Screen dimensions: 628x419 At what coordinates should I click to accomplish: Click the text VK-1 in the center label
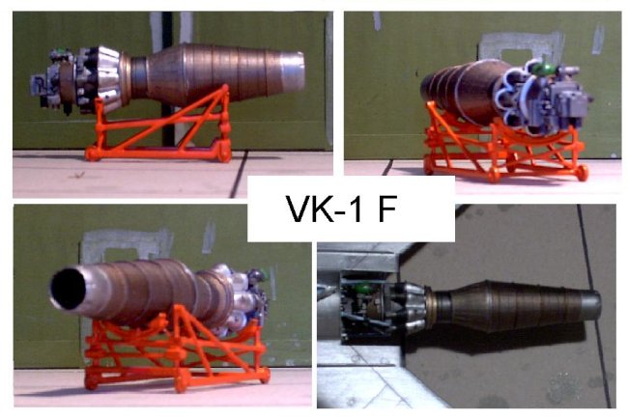coord(325,209)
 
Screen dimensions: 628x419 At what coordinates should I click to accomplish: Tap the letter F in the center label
coord(386,209)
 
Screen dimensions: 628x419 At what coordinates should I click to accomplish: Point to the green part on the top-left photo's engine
coord(60,52)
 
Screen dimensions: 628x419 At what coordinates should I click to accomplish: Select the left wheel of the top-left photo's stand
coord(92,154)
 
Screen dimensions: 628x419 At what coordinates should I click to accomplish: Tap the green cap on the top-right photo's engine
coord(547,69)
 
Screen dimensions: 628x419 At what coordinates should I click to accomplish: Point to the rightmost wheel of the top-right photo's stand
coord(583,173)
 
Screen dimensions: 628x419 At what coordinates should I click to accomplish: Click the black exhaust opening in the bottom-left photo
coord(68,289)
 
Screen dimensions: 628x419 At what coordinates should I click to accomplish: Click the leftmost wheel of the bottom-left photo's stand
coord(91,382)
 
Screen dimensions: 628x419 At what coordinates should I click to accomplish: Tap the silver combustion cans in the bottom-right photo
coord(412,306)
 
